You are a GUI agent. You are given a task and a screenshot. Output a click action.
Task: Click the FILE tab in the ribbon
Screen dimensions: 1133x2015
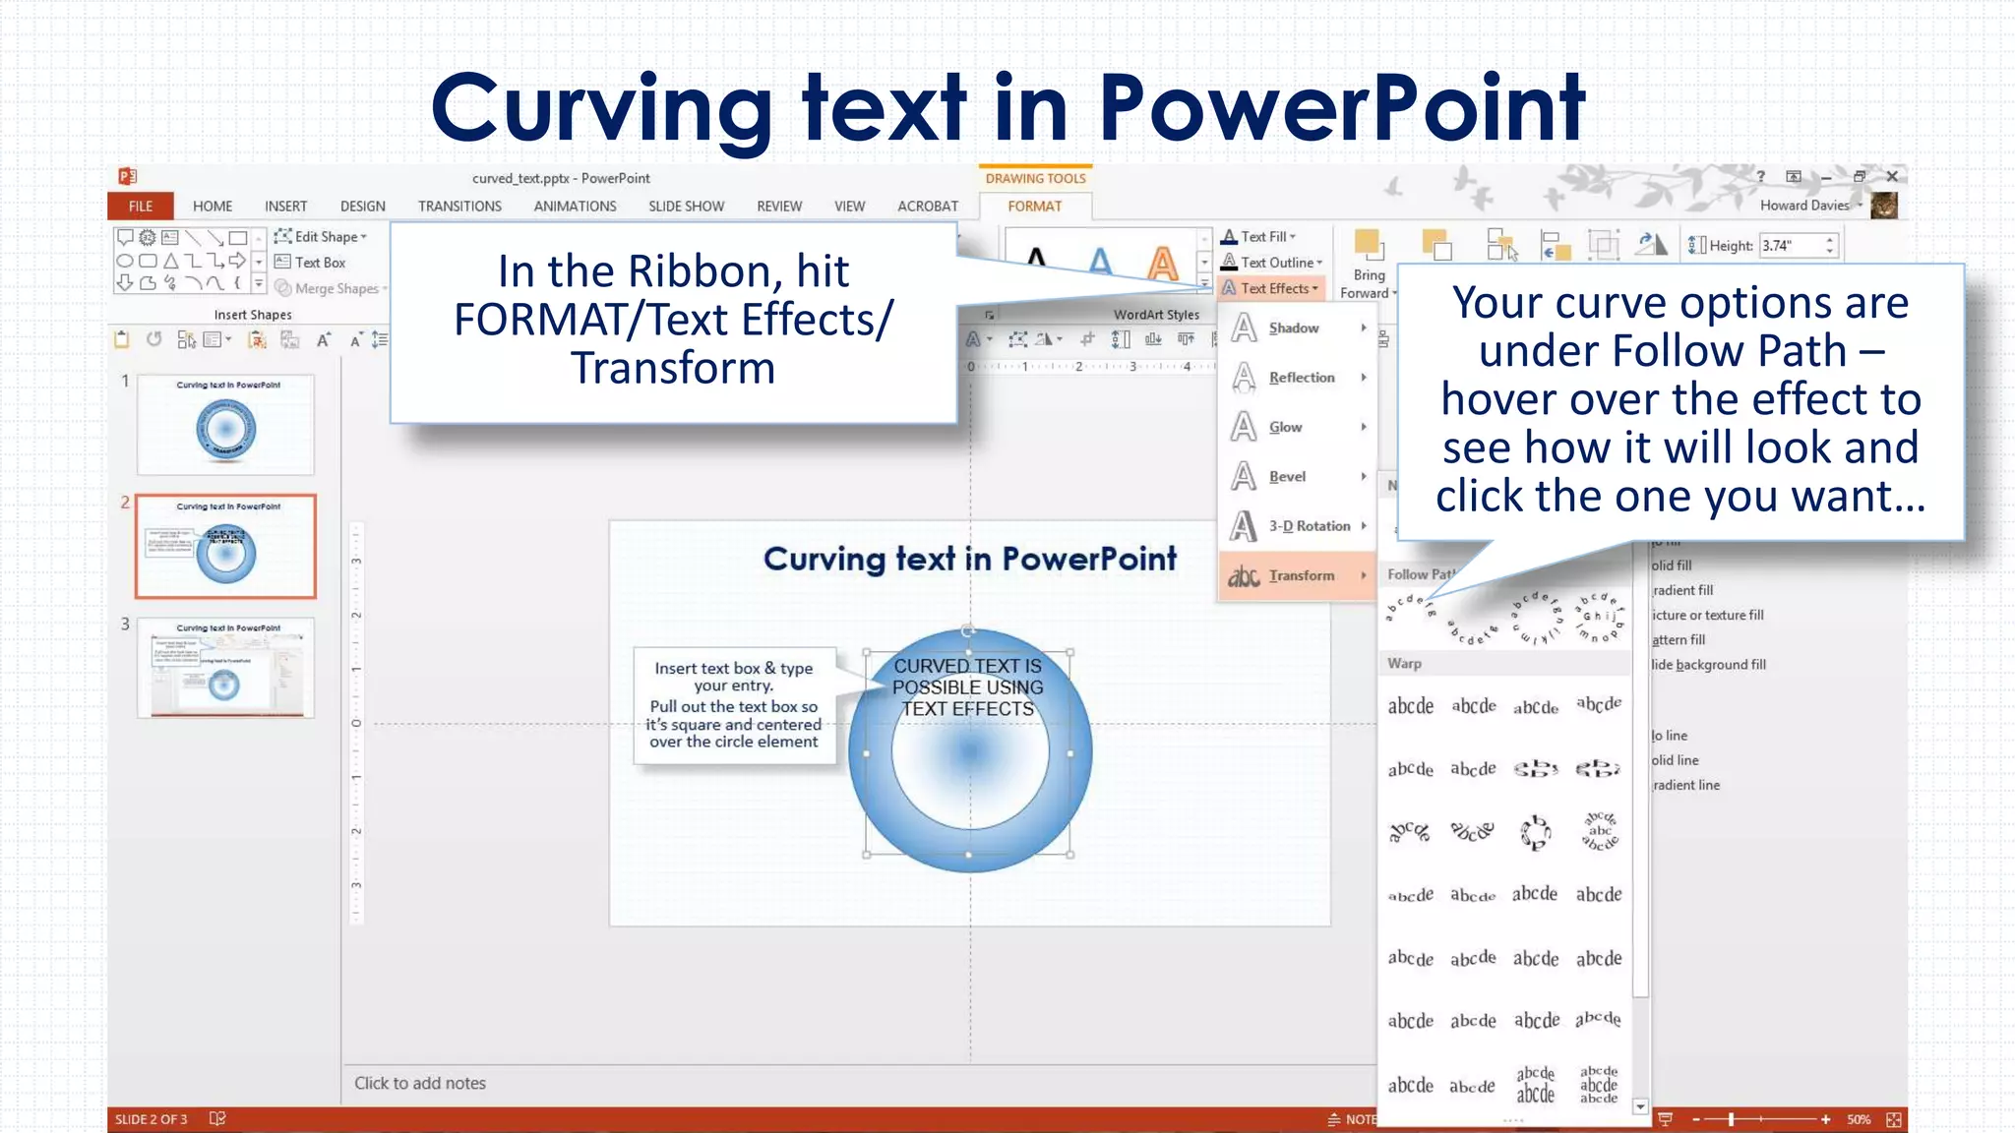[140, 207]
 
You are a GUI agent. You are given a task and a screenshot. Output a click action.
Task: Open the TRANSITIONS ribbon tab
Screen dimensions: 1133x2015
[459, 207]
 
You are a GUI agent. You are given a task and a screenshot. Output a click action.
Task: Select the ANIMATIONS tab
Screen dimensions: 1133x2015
[575, 207]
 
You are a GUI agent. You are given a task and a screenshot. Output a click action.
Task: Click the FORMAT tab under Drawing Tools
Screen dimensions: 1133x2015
[1034, 207]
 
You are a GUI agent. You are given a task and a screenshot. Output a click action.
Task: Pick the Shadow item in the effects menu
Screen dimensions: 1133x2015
[1294, 328]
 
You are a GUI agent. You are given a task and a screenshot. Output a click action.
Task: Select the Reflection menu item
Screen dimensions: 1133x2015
[1301, 378]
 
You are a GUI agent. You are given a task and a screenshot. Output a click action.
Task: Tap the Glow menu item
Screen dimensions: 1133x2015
[1285, 427]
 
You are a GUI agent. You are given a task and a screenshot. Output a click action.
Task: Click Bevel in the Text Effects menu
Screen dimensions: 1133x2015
[1287, 477]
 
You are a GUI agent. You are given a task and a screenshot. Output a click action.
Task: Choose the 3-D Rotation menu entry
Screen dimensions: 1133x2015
[1309, 526]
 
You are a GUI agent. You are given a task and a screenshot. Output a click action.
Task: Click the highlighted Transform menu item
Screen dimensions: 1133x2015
[1301, 575]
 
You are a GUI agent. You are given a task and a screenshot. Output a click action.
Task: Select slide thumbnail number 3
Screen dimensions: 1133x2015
[225, 668]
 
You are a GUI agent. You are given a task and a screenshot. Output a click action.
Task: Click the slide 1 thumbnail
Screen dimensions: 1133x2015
[225, 425]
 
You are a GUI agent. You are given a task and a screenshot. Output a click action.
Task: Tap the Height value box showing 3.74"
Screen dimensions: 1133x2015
[1791, 246]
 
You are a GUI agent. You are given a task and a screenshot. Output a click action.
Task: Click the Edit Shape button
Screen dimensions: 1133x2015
[325, 237]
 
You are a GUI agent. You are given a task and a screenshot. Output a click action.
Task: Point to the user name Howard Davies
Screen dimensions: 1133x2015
[1804, 206]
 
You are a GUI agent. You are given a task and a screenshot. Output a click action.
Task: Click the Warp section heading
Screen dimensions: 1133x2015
[1405, 664]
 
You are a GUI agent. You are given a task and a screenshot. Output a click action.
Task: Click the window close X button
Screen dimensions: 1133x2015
[1892, 176]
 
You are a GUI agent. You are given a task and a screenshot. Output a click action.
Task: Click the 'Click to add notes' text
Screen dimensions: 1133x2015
[420, 1083]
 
